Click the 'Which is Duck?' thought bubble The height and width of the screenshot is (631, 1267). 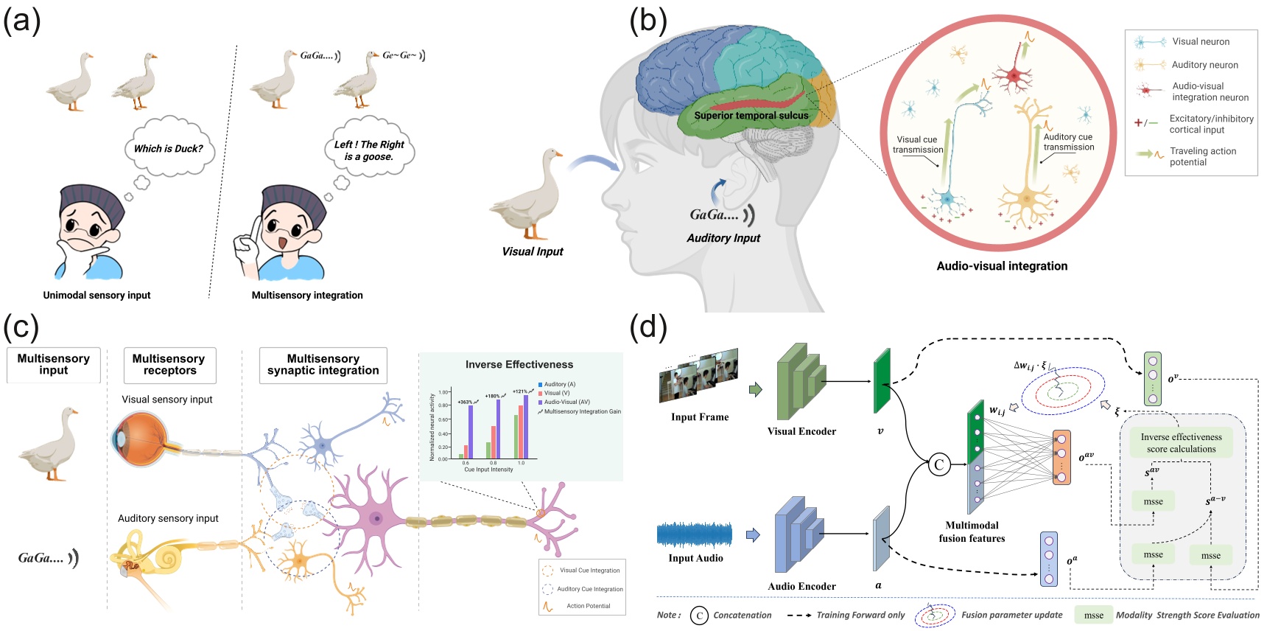(x=169, y=148)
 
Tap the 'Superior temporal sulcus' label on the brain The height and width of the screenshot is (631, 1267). (x=751, y=116)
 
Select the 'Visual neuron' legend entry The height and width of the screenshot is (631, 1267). (x=1200, y=42)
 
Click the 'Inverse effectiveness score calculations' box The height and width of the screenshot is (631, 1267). (x=1181, y=443)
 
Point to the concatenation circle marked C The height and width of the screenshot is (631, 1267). (x=939, y=464)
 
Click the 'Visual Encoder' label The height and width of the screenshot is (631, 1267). (x=801, y=431)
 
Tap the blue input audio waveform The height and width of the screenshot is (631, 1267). (x=695, y=534)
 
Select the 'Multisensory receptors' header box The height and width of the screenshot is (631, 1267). (x=169, y=365)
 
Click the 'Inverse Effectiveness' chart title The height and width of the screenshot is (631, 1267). (x=519, y=364)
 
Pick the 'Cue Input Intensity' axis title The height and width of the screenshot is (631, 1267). (x=488, y=470)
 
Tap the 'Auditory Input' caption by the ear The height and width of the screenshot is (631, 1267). (x=723, y=238)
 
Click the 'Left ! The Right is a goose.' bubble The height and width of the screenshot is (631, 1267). (x=369, y=150)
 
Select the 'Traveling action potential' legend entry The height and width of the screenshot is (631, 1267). (x=1202, y=156)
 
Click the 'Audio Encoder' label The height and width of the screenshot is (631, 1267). (x=801, y=586)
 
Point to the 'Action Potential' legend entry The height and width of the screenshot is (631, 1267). (x=588, y=606)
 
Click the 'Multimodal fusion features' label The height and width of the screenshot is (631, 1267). (x=972, y=531)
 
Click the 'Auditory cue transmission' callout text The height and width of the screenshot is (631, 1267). (x=1068, y=142)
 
